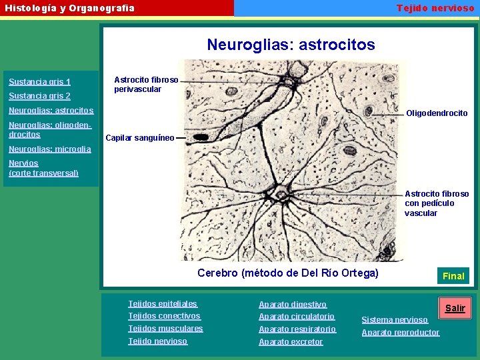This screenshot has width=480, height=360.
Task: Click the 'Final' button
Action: coord(453,275)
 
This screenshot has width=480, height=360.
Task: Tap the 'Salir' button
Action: coord(455,308)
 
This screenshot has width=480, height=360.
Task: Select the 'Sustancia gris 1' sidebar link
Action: coord(39,82)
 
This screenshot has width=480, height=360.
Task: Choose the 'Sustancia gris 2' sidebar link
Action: coord(39,96)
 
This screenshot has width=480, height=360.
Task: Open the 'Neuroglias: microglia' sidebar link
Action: coord(49,149)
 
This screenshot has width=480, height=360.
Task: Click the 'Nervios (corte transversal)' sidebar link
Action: coord(43,168)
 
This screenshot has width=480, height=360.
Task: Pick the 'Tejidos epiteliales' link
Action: coord(163,304)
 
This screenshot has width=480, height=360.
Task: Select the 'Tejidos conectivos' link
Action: coord(164,316)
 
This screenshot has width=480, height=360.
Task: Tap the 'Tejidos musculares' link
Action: coord(165,329)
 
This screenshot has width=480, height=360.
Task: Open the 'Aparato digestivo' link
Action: coord(293,304)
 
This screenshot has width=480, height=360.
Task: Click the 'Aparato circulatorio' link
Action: coord(297,317)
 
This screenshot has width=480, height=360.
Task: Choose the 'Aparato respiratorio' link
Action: coord(297,329)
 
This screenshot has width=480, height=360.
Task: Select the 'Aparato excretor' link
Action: coord(291,342)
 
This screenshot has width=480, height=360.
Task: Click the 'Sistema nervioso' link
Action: coord(395,320)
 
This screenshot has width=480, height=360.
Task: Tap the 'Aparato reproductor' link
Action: coord(401,333)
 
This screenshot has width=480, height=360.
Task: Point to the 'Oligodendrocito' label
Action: coord(437,113)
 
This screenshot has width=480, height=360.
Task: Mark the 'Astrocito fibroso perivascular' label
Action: coord(146,85)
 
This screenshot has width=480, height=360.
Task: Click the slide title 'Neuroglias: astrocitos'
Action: coord(291,45)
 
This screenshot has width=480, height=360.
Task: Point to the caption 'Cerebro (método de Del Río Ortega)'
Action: coord(288,273)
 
